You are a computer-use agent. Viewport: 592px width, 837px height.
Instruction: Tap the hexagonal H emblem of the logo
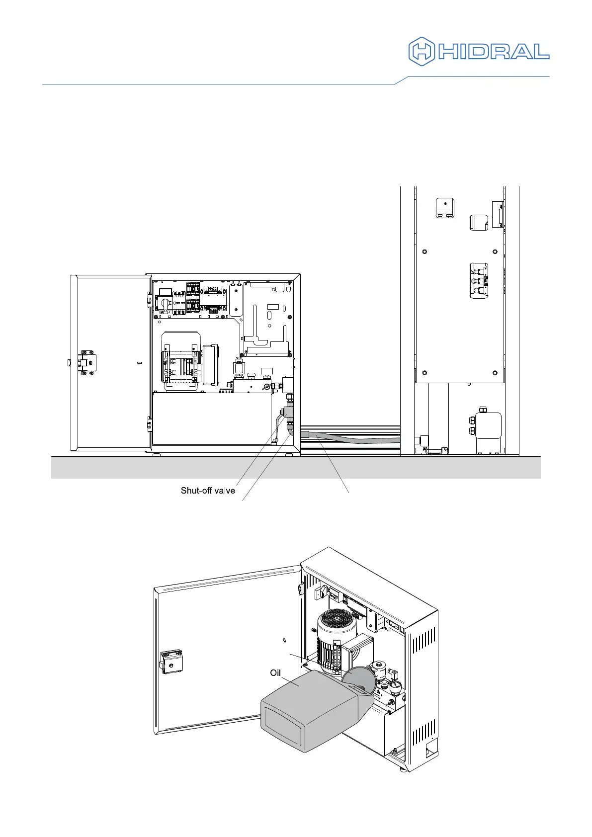pos(421,51)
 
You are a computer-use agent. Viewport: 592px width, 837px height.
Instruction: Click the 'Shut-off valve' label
pos(208,491)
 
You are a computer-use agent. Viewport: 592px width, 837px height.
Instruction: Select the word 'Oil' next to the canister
pos(275,673)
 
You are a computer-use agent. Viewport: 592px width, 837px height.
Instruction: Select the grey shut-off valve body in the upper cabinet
pos(288,412)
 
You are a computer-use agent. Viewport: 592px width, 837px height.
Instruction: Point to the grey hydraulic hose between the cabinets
pos(353,438)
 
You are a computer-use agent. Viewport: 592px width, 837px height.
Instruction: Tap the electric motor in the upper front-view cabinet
pos(182,359)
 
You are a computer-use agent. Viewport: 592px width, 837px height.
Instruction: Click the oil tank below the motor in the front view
pos(211,418)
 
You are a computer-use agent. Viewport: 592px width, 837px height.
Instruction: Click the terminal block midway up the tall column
pos(479,281)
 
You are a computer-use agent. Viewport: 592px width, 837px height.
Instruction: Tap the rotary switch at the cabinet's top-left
pos(164,302)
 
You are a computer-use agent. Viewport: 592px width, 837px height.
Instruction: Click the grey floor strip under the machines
pos(296,468)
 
